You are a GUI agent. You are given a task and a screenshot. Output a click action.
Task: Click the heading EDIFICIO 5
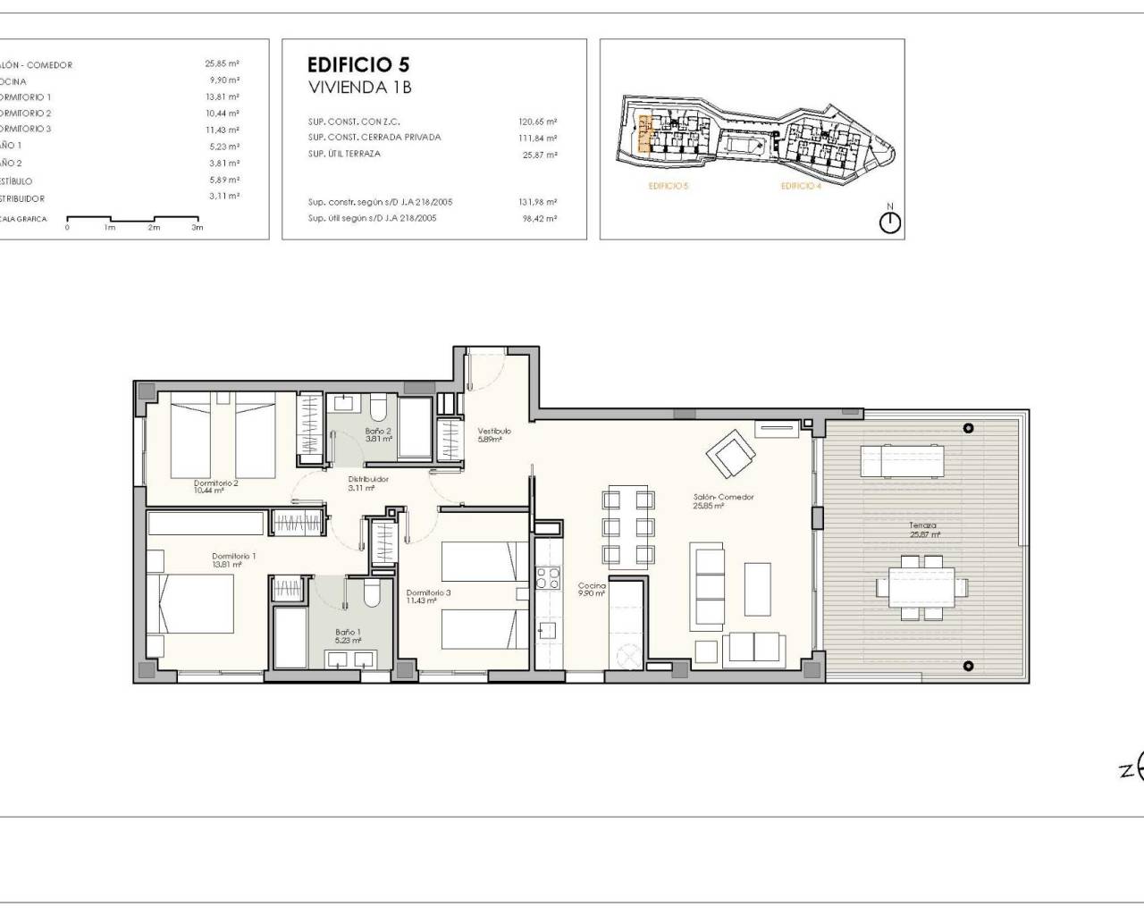pyautogui.click(x=358, y=64)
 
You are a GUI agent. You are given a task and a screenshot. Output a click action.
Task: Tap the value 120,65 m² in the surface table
pyautogui.click(x=538, y=122)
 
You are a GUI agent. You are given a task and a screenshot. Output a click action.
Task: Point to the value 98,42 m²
pyautogui.click(x=540, y=218)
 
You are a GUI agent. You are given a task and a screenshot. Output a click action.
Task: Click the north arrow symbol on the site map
pyautogui.click(x=890, y=222)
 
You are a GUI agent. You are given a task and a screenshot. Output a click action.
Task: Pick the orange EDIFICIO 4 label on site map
pyautogui.click(x=800, y=186)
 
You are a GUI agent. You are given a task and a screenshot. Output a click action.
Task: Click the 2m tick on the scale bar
pyautogui.click(x=154, y=227)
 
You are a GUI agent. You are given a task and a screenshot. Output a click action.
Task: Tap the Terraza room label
pyautogui.click(x=923, y=526)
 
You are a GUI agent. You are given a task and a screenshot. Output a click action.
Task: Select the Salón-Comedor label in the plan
pyautogui.click(x=724, y=497)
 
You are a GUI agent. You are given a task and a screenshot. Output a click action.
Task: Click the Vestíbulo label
pyautogui.click(x=493, y=431)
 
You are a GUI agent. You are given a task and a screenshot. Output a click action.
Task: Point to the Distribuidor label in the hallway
pyautogui.click(x=368, y=480)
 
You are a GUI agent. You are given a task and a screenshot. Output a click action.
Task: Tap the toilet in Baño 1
pyautogui.click(x=374, y=594)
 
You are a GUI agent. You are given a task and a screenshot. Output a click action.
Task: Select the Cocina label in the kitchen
pyautogui.click(x=592, y=586)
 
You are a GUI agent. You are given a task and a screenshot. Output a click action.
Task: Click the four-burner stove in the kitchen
pyautogui.click(x=547, y=578)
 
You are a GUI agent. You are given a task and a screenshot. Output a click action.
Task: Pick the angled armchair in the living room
pyautogui.click(x=730, y=454)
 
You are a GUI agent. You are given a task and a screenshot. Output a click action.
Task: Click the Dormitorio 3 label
pyautogui.click(x=428, y=592)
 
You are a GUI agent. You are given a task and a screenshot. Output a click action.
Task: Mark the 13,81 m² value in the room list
pyautogui.click(x=222, y=97)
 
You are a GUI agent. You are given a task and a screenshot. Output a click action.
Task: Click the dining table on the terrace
pyautogui.click(x=921, y=587)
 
